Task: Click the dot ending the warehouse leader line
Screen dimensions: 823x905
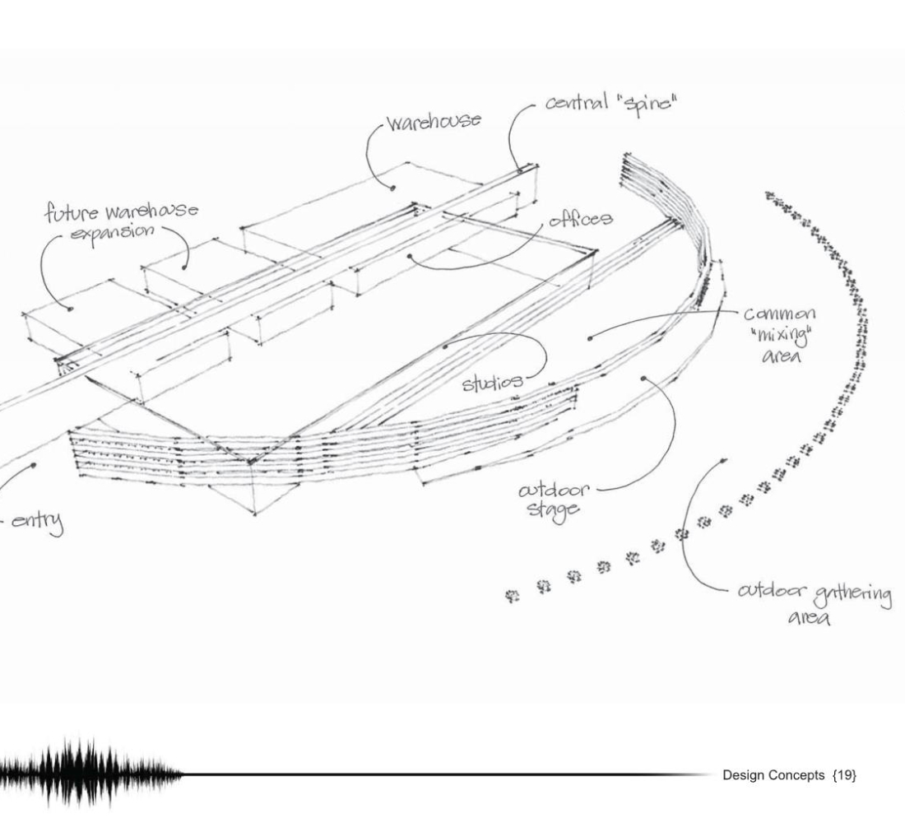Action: [393, 188]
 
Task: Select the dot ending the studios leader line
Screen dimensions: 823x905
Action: [445, 346]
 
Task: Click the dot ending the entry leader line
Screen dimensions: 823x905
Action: [34, 464]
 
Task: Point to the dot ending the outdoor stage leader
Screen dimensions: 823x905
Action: [643, 379]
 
